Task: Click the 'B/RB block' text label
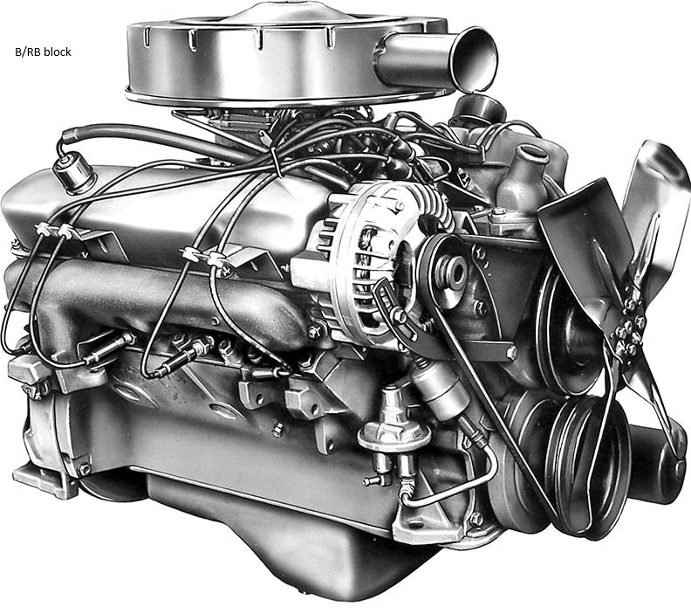pyautogui.click(x=44, y=52)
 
